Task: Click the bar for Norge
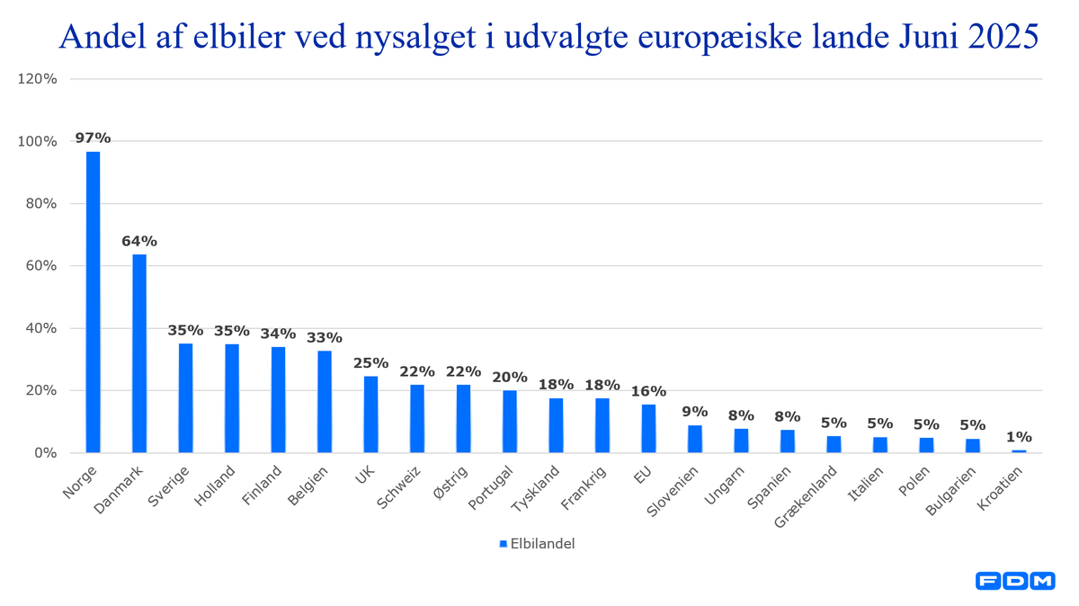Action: pyautogui.click(x=93, y=301)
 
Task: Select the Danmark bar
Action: pyautogui.click(x=139, y=353)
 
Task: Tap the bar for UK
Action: pyautogui.click(x=370, y=414)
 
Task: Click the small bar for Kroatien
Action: pyautogui.click(x=1019, y=451)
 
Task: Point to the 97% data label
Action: pyautogui.click(x=93, y=138)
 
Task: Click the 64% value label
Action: pyautogui.click(x=139, y=241)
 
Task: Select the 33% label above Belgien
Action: pyautogui.click(x=325, y=338)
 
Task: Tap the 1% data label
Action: pyautogui.click(x=1019, y=436)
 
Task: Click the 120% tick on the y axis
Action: pyautogui.click(x=38, y=79)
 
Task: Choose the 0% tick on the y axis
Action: pyautogui.click(x=45, y=453)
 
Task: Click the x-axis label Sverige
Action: pyautogui.click(x=169, y=486)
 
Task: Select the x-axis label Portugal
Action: pyautogui.click(x=492, y=488)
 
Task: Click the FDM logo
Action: pyautogui.click(x=1015, y=582)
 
